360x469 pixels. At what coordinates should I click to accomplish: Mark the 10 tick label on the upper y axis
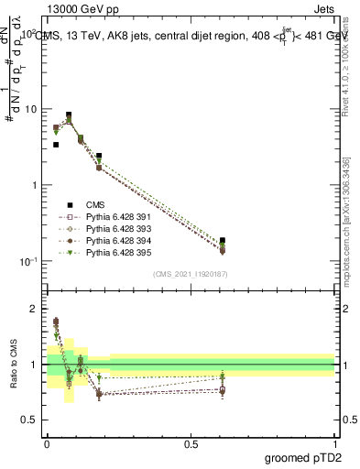(30, 109)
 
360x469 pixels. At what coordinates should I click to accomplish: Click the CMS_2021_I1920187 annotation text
(190, 274)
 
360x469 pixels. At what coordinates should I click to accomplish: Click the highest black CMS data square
(69, 115)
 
